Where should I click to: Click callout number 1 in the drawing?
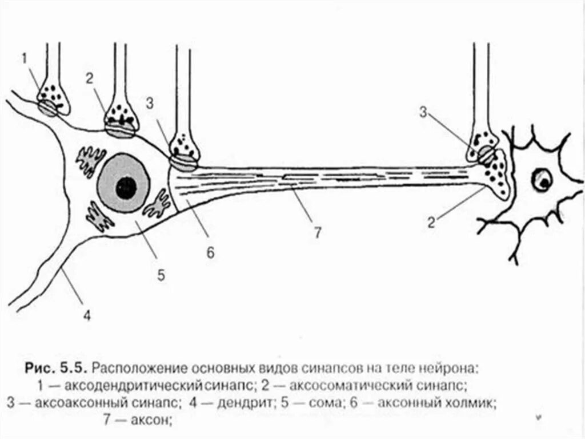tap(24, 58)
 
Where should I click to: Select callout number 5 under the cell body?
tap(161, 275)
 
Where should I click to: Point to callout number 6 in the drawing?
tap(210, 252)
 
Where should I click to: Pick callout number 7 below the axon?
tap(318, 232)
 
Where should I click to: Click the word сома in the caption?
tap(327, 402)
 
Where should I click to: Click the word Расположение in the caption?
tap(139, 365)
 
